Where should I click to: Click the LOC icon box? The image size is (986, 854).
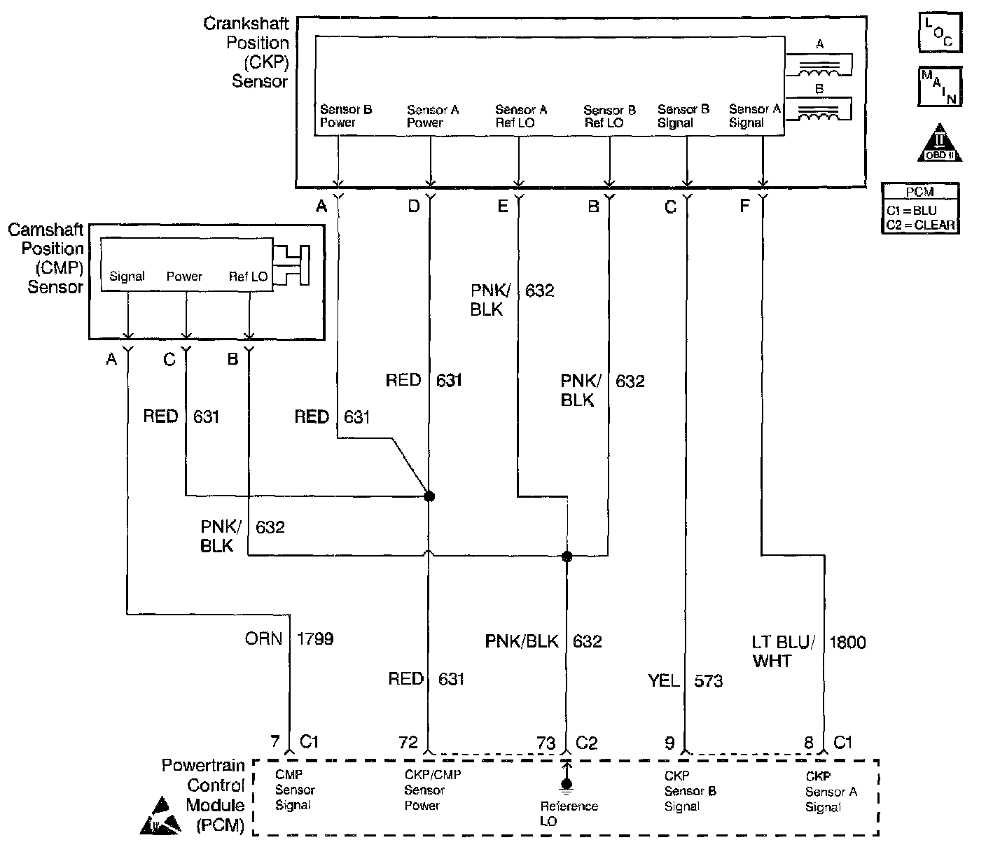click(x=939, y=32)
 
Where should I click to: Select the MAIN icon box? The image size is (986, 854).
click(x=939, y=87)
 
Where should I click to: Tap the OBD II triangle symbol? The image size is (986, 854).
click(x=939, y=144)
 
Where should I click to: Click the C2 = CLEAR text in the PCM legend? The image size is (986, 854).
click(x=920, y=225)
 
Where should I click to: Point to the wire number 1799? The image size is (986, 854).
click(x=315, y=638)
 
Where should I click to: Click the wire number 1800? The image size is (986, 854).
click(x=847, y=642)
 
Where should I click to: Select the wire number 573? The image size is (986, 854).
click(x=708, y=680)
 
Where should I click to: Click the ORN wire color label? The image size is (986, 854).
click(x=263, y=638)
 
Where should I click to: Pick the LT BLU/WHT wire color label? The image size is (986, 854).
click(x=782, y=651)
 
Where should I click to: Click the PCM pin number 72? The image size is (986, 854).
click(x=408, y=743)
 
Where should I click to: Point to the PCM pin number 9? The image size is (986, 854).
click(x=670, y=743)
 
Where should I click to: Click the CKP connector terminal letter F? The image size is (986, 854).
click(x=744, y=206)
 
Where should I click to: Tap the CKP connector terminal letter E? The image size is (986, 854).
click(x=502, y=206)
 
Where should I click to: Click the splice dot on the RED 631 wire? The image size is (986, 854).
click(x=429, y=496)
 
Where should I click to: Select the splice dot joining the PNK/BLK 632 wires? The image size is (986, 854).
click(x=567, y=556)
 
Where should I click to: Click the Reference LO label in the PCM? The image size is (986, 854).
click(x=569, y=813)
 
